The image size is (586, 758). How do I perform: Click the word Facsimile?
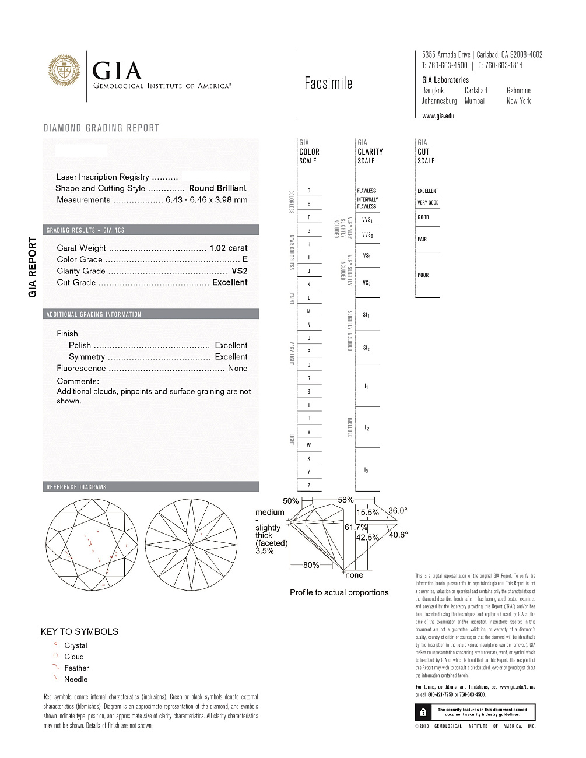(328, 83)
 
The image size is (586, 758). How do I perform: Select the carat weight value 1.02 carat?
(229, 248)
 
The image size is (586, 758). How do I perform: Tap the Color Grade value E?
(245, 259)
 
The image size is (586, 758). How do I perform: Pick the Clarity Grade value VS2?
(240, 271)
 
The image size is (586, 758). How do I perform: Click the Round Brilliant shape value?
(217, 188)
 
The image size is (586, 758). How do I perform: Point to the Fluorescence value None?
(237, 368)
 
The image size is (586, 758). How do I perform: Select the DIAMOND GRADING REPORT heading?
(101, 128)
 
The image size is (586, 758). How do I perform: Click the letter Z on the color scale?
(308, 485)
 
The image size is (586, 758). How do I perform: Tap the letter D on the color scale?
(308, 191)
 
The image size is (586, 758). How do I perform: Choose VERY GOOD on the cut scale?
(428, 203)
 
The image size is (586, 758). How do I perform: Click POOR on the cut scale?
(423, 275)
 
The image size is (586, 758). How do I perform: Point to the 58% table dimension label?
(346, 500)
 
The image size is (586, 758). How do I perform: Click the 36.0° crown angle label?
(398, 511)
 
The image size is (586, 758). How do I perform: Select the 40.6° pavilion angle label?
(398, 534)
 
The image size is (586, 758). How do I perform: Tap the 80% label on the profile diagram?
(311, 565)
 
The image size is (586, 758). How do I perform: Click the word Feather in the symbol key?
(76, 668)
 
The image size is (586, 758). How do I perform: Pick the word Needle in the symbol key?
(76, 679)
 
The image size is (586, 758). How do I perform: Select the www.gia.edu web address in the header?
(438, 116)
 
